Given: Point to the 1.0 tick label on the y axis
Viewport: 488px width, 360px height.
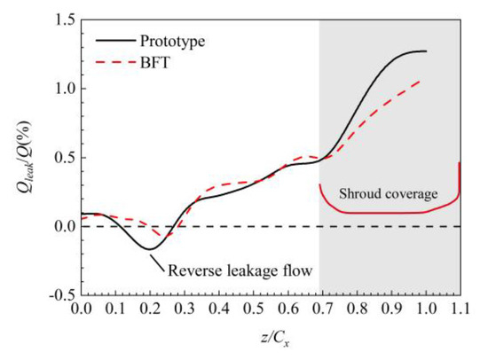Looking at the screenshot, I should pyautogui.click(x=60, y=89).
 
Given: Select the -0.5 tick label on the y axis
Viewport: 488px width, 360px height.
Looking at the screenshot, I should pyautogui.click(x=58, y=294).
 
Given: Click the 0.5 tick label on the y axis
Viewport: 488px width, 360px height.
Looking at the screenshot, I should pyautogui.click(x=60, y=158).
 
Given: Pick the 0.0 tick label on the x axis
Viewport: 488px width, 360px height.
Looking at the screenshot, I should pyautogui.click(x=81, y=311).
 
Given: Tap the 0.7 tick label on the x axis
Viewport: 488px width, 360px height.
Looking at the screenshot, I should pyautogui.click(x=321, y=311).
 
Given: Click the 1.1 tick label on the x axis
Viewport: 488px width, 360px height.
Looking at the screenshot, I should pyautogui.click(x=459, y=311).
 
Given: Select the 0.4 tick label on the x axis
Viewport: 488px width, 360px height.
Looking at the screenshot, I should pyautogui.click(x=218, y=311).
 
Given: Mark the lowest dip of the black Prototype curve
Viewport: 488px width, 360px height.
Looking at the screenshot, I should pyautogui.click(x=150, y=249).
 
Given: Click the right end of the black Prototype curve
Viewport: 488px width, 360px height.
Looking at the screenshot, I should pyautogui.click(x=426, y=51).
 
